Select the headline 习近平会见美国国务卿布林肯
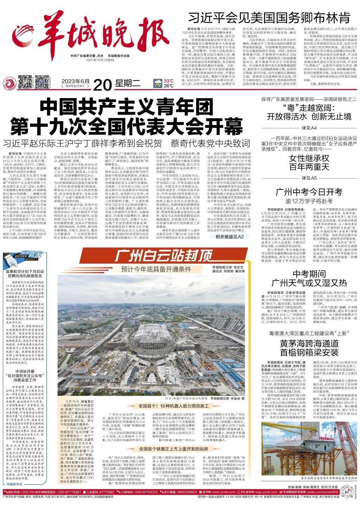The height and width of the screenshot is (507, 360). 269,17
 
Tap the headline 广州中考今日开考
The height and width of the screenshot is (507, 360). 309,192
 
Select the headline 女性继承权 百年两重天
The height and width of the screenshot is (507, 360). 309,162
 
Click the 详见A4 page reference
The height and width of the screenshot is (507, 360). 309,127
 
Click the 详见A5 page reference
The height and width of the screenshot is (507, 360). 309,178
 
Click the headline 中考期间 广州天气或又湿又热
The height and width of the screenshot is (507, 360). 309,278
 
